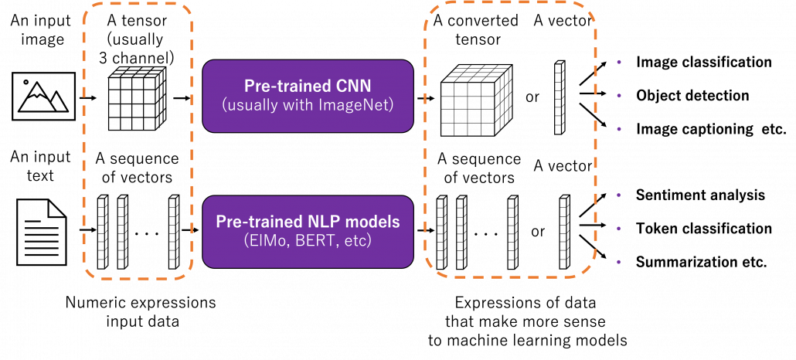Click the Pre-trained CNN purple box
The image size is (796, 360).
click(x=308, y=96)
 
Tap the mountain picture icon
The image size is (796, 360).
click(x=43, y=95)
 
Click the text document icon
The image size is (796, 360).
click(x=41, y=232)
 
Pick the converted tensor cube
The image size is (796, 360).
click(x=470, y=100)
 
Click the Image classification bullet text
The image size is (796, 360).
click(x=703, y=63)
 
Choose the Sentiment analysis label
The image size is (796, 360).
click(x=700, y=195)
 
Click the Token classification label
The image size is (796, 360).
click(x=703, y=229)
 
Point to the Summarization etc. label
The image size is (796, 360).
click(x=701, y=263)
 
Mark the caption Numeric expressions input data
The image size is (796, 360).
click(x=141, y=312)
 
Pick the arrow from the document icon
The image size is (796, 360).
click(x=88, y=230)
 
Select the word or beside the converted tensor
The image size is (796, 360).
click(x=532, y=97)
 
